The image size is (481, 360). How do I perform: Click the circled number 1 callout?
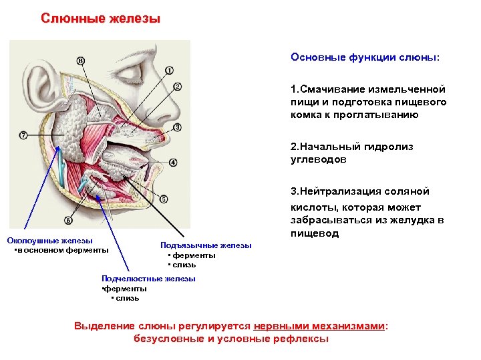[169, 70]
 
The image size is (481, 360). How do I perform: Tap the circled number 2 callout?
[177, 87]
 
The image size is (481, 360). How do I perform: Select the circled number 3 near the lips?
[177, 127]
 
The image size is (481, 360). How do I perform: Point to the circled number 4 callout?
[173, 162]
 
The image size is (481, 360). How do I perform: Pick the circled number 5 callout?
[164, 199]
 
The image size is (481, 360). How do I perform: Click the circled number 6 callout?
[68, 220]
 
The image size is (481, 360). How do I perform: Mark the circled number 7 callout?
[24, 134]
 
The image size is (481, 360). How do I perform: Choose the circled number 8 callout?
[81, 61]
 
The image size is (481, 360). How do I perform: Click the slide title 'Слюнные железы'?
[101, 18]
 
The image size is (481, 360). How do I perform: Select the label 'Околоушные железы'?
[50, 241]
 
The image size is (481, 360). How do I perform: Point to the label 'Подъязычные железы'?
[206, 245]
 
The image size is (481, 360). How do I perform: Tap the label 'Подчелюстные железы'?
[148, 279]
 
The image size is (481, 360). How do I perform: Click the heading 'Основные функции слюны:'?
[365, 57]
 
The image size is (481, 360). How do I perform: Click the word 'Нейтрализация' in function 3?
[342, 191]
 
